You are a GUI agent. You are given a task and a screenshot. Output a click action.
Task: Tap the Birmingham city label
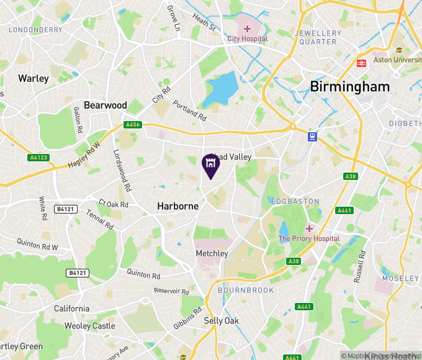tap(350, 86)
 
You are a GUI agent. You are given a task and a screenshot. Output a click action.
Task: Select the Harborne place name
tap(177, 206)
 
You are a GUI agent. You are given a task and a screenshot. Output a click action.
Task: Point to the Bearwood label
tap(105, 106)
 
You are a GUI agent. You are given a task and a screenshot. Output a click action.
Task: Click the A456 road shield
tap(132, 125)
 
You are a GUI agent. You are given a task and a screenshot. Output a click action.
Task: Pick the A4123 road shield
tap(38, 158)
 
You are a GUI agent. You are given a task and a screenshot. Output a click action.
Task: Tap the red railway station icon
tap(361, 63)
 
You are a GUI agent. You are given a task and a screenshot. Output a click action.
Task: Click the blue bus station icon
tap(313, 137)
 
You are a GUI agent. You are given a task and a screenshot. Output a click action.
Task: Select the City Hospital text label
tap(247, 38)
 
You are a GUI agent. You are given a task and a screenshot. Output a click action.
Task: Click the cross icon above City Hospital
tap(247, 29)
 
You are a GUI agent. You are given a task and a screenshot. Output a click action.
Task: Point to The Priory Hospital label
tap(309, 238)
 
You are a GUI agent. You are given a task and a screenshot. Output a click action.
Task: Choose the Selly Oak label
tap(222, 320)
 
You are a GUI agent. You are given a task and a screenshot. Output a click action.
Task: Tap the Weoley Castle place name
tap(90, 326)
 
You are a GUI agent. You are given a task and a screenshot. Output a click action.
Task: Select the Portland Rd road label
tap(189, 110)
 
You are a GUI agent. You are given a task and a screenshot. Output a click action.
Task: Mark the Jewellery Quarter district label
tap(318, 37)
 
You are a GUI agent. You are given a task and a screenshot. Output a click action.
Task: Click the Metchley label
tap(212, 253)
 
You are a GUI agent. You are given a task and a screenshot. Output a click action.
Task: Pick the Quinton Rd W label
tap(37, 245)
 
